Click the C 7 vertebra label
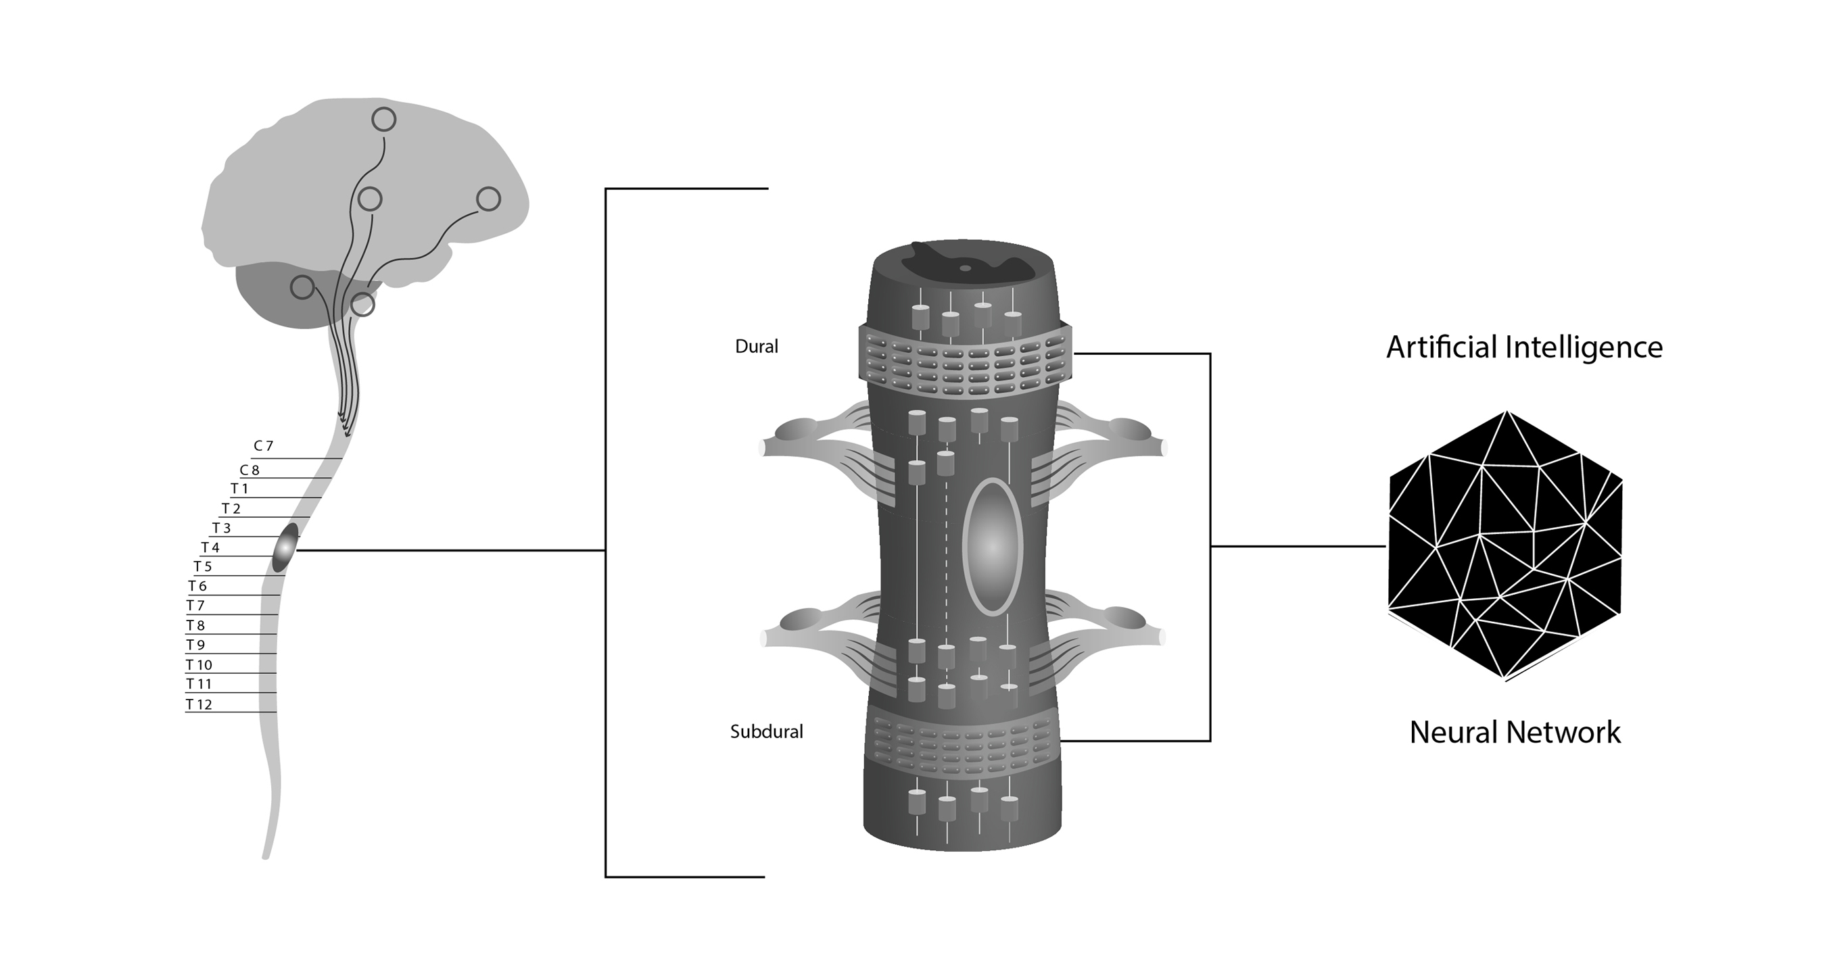click(263, 446)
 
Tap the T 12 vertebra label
click(199, 705)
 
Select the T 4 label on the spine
click(210, 548)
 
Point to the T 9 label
click(196, 645)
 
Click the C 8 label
click(250, 470)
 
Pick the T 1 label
click(239, 489)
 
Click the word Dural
click(757, 346)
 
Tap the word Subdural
click(767, 731)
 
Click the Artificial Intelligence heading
click(1525, 348)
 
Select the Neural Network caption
click(1515, 732)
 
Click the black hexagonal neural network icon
click(1505, 545)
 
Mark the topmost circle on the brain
click(384, 120)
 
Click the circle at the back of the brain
click(489, 199)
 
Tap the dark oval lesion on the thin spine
click(285, 548)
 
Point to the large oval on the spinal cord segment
click(992, 547)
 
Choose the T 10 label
click(199, 665)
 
